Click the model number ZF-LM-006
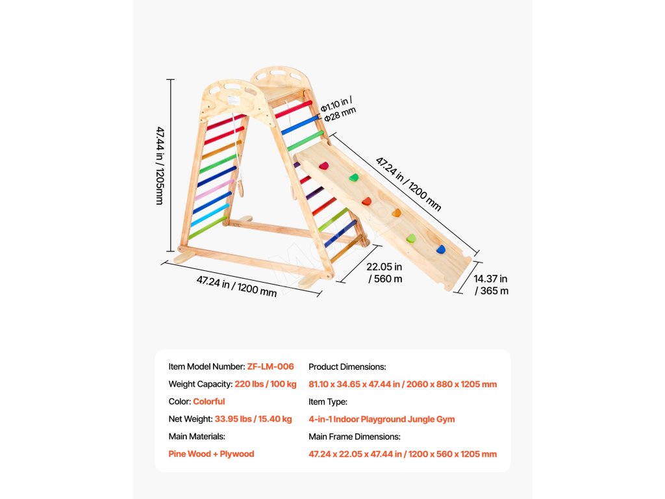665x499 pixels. [x=270, y=366]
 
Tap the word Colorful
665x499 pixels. [x=208, y=402]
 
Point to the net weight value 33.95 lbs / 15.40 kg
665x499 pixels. [x=253, y=419]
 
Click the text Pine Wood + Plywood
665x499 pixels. [x=211, y=454]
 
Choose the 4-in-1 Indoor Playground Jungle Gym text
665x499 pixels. [x=381, y=419]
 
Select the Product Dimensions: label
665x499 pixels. [x=347, y=366]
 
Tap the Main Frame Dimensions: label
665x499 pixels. [x=355, y=437]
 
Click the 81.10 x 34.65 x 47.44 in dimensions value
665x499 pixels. [x=403, y=384]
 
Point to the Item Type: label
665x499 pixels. [x=328, y=402]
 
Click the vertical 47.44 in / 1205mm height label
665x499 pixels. [x=160, y=166]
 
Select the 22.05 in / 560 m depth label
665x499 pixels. [x=384, y=273]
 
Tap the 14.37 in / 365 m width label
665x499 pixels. [x=491, y=285]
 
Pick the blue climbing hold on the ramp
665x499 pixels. [x=441, y=249]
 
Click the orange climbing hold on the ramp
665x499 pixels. [x=395, y=212]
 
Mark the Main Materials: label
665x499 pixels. [x=197, y=437]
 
